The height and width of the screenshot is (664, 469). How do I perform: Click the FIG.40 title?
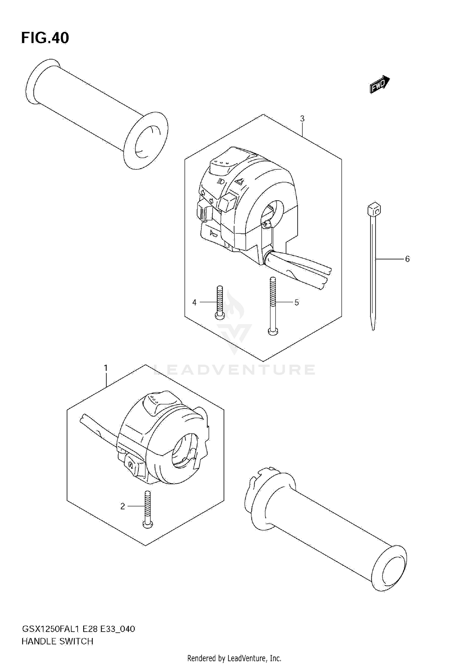point(45,38)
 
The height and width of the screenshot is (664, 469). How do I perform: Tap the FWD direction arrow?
point(379,85)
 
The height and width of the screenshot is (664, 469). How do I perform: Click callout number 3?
point(302,119)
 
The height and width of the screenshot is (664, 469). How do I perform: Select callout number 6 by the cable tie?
point(407,259)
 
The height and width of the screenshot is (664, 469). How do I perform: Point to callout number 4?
point(194,302)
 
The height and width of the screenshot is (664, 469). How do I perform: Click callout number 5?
point(296,302)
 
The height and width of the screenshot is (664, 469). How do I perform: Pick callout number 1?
point(106,368)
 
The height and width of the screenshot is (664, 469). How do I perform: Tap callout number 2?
point(123,506)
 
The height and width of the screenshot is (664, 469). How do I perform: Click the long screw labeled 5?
point(273,306)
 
